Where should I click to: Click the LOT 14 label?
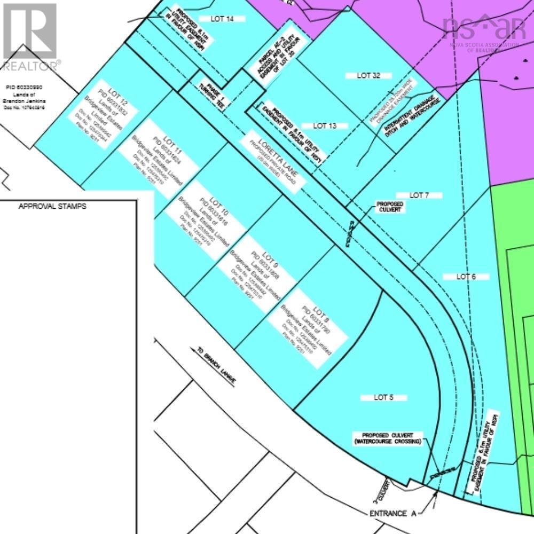[222, 19]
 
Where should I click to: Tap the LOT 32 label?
[368, 75]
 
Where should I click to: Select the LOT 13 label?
[325, 126]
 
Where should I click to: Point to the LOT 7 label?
[419, 195]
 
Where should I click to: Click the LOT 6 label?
[466, 277]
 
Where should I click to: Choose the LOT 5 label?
[383, 398]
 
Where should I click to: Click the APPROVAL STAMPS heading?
[52, 206]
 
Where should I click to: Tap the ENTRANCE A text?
[392, 514]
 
